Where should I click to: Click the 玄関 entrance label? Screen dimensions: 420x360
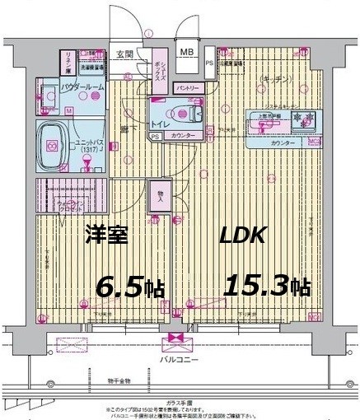click(124, 54)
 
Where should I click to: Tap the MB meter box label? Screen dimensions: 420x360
click(187, 51)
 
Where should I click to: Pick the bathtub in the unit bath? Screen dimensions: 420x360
click(55, 147)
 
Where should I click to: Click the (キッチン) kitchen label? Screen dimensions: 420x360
click(274, 78)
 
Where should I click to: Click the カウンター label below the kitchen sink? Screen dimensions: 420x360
click(283, 143)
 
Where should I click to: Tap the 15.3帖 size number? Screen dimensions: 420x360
click(265, 287)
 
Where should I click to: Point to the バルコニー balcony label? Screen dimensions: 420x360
click(175, 360)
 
